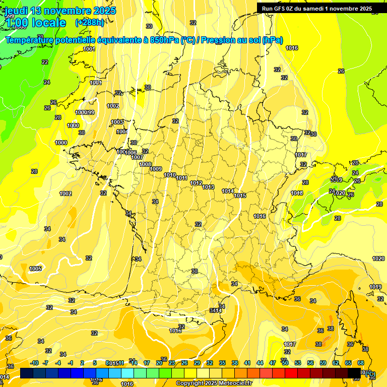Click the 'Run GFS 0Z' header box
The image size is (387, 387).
click(x=317, y=8)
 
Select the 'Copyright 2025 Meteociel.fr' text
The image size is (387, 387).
click(x=213, y=383)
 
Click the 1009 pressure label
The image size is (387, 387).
click(x=156, y=169)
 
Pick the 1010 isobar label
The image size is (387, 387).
click(x=170, y=175)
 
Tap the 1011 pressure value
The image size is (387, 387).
click(x=182, y=178)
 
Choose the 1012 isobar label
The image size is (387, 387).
click(x=197, y=183)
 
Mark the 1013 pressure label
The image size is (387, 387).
click(x=208, y=187)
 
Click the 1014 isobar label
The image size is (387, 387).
click(x=228, y=191)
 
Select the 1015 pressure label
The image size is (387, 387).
click(x=240, y=196)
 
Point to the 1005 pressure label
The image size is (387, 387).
click(x=35, y=269)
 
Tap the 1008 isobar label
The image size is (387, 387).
click(x=145, y=164)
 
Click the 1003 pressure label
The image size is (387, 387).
click(x=117, y=122)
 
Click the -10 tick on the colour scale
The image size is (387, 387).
click(x=34, y=363)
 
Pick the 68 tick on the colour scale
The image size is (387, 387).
click(x=361, y=363)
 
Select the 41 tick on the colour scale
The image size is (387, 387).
click(x=247, y=363)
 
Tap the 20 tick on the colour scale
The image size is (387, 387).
click(x=159, y=363)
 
